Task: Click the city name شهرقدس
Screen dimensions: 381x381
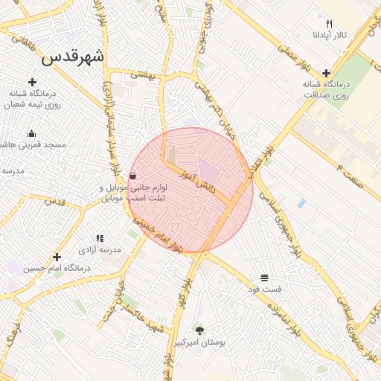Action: pyautogui.click(x=74, y=57)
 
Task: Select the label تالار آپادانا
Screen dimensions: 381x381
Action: pyautogui.click(x=330, y=35)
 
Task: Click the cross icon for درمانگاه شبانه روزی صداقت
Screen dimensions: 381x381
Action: pyautogui.click(x=327, y=73)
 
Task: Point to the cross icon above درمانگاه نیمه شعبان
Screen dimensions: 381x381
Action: pyautogui.click(x=32, y=82)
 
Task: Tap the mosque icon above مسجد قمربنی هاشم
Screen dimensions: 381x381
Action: pyautogui.click(x=31, y=134)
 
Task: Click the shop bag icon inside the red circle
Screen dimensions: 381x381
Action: pyautogui.click(x=132, y=176)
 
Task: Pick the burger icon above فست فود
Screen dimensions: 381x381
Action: pyautogui.click(x=265, y=278)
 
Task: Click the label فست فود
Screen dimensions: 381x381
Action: pyautogui.click(x=265, y=289)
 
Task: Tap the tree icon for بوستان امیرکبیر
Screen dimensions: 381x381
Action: pyautogui.click(x=199, y=330)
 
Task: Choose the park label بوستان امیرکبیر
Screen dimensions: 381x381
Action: pyautogui.click(x=199, y=342)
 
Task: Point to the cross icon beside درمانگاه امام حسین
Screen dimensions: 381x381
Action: pyautogui.click(x=57, y=257)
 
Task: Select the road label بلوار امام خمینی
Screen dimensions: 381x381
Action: pyautogui.click(x=158, y=234)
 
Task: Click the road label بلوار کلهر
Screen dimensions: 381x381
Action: pyautogui.click(x=183, y=292)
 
